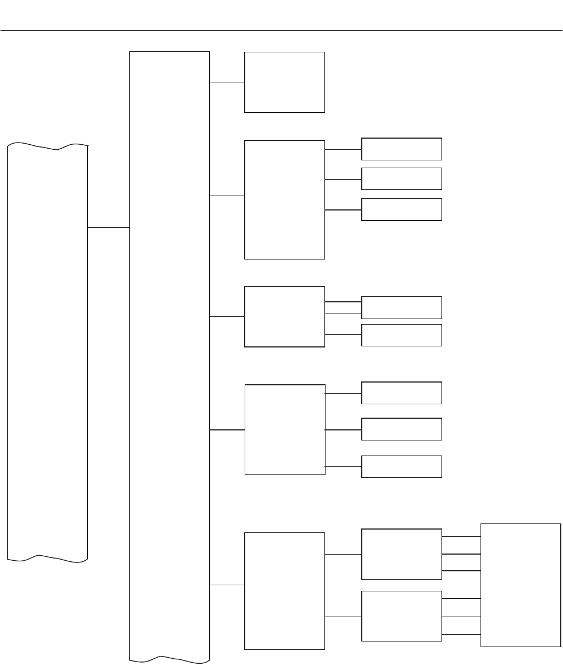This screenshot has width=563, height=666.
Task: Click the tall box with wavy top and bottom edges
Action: tap(47, 351)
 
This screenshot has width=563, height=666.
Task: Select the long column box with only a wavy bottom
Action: tap(169, 356)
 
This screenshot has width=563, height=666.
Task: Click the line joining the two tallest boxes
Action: tap(109, 228)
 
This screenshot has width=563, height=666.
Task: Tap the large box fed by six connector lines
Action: tap(521, 585)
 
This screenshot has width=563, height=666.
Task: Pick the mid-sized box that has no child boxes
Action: tap(284, 82)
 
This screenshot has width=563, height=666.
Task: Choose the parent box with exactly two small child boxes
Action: tap(284, 316)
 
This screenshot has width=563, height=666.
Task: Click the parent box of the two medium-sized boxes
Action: tap(284, 590)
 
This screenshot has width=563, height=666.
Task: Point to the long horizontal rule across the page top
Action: tap(281, 31)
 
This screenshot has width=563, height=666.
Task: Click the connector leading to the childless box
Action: tap(227, 82)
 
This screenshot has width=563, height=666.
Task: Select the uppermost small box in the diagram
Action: tap(401, 149)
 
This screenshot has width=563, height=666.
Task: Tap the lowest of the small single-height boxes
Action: tap(401, 466)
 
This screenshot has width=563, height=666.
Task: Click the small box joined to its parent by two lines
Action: tap(401, 307)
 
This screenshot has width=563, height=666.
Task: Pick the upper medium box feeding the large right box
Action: tap(401, 554)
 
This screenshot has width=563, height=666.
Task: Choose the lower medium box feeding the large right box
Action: tap(401, 616)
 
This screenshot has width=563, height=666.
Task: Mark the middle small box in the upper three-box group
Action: tap(401, 179)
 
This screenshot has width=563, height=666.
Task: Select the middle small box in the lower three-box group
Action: tap(401, 429)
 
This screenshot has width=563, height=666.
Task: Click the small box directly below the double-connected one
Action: tap(401, 335)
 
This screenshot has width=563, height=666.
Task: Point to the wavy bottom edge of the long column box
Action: tap(169, 660)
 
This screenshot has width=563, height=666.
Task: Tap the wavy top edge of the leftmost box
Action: tap(47, 146)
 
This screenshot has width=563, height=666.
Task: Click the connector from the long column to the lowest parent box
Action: tap(227, 585)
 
